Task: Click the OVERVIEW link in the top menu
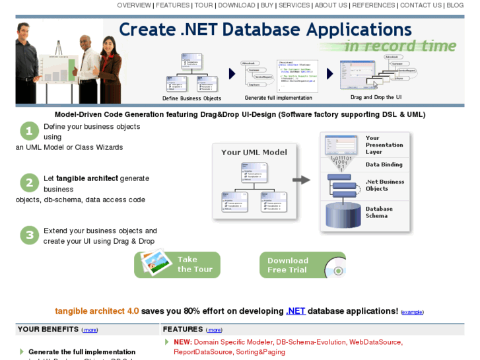(134, 5)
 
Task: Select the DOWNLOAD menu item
(236, 5)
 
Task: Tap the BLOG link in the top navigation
(455, 5)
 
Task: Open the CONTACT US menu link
(421, 5)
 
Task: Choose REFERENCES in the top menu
(374, 5)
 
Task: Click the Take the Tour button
(177, 264)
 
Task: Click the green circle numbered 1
(29, 131)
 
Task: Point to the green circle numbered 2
(29, 183)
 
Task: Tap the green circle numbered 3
(29, 235)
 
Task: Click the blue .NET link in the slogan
(296, 310)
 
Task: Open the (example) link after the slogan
(412, 312)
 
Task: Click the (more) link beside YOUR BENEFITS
(90, 330)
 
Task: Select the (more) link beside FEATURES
(215, 330)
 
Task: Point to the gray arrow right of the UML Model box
(302, 180)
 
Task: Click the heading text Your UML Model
(254, 152)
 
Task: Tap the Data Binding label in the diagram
(384, 164)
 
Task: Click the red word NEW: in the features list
(183, 342)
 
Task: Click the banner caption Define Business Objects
(191, 98)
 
